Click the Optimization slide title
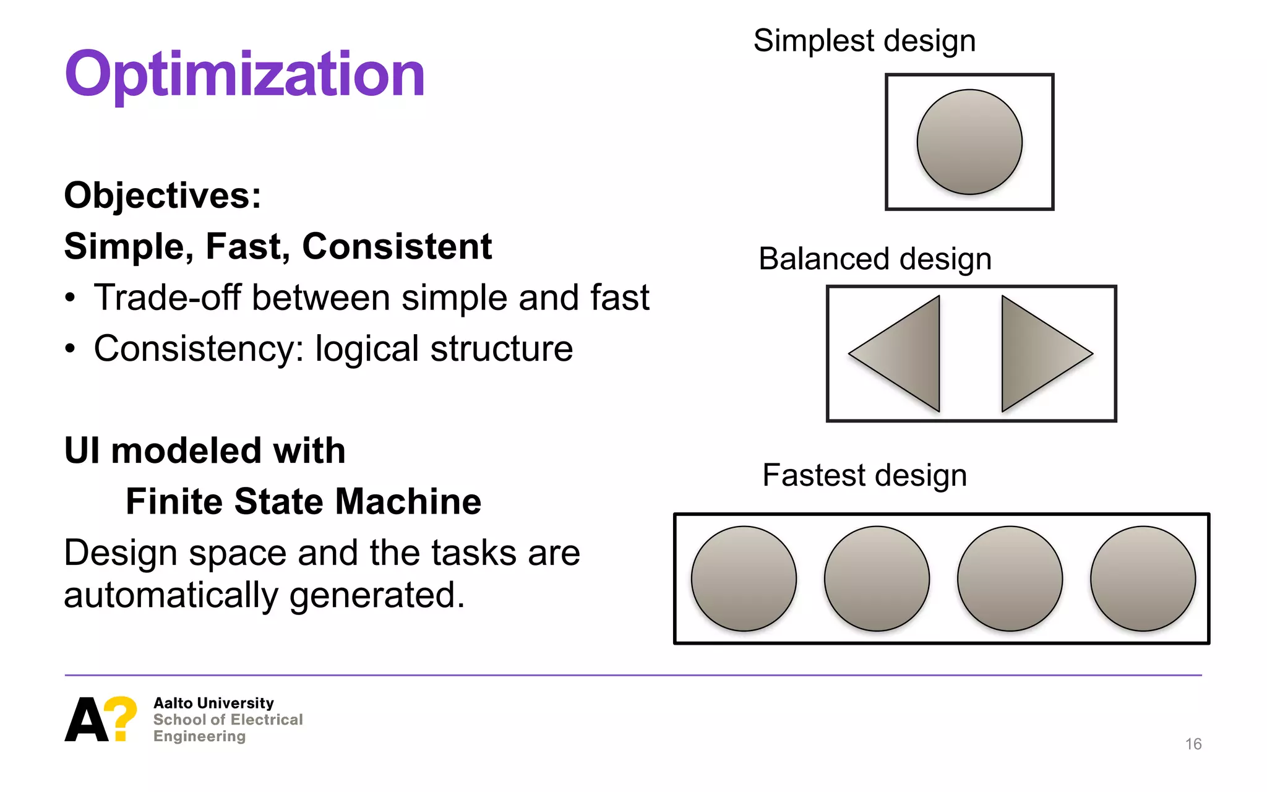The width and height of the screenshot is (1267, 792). (245, 74)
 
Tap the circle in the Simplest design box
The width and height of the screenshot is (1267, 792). (969, 142)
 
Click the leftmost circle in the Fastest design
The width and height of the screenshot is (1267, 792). (744, 579)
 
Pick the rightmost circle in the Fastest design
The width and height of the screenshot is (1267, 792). (1143, 579)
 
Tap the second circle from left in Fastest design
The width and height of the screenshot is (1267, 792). (877, 579)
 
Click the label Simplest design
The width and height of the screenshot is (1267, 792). (864, 41)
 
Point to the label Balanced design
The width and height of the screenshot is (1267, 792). (875, 259)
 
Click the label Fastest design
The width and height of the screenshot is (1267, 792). (864, 475)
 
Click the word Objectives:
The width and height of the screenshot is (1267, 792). (163, 196)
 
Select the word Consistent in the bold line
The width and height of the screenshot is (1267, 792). (397, 246)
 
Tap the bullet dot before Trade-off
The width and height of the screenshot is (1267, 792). (71, 298)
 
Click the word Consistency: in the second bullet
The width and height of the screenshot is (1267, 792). (199, 349)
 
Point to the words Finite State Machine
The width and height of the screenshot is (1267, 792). (303, 501)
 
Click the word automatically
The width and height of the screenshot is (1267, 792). (171, 595)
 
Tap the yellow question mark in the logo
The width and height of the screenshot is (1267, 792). (121, 718)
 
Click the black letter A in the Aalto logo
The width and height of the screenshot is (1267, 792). (85, 720)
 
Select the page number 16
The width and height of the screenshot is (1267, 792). (1193, 744)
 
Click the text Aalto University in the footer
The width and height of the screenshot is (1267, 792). (213, 703)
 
